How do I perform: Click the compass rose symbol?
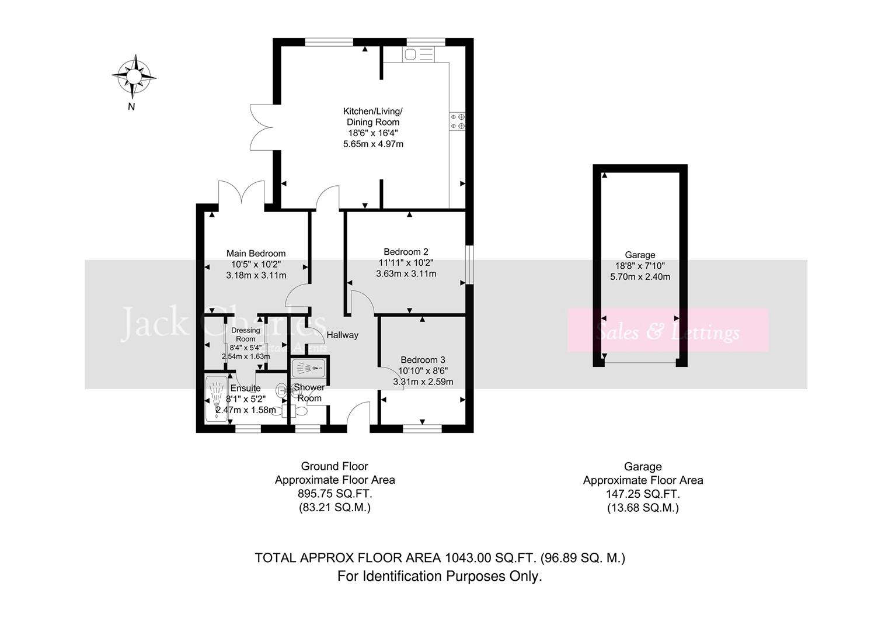point(134,77)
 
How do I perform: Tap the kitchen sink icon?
point(418,55)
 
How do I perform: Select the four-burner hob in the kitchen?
point(458,122)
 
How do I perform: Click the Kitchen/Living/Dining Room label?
point(372,116)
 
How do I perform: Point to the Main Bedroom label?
point(256,253)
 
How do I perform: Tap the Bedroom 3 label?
point(423,360)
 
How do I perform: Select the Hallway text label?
point(342,335)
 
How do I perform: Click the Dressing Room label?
point(245,334)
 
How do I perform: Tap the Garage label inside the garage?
point(640,255)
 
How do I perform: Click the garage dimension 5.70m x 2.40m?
point(640,277)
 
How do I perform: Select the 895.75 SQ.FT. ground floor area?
point(334,494)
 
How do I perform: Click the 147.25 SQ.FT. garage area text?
point(643,494)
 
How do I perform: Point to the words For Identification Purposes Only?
point(440,576)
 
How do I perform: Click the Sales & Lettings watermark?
point(667,332)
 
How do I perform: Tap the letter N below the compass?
point(131,106)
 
